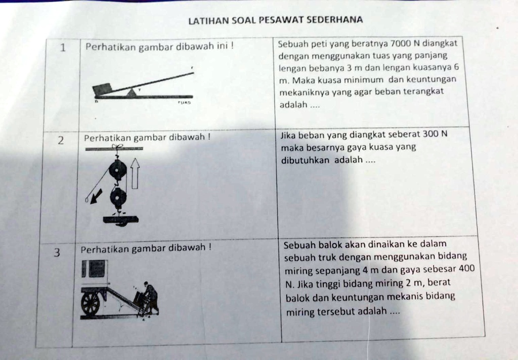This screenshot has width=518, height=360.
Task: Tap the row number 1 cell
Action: (x=62, y=49)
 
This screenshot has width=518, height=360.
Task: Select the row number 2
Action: (x=60, y=141)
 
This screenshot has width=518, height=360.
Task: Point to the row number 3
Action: (x=57, y=253)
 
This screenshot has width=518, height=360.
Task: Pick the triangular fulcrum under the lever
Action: (x=132, y=92)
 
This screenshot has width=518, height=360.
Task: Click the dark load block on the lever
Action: (x=102, y=89)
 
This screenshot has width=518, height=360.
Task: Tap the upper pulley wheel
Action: (x=118, y=171)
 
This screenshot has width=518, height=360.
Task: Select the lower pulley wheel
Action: (x=119, y=198)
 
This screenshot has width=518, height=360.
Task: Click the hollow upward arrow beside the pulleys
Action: (x=135, y=172)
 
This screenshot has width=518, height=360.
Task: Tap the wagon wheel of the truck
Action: (x=91, y=304)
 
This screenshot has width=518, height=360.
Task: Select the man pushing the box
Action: (x=150, y=298)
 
